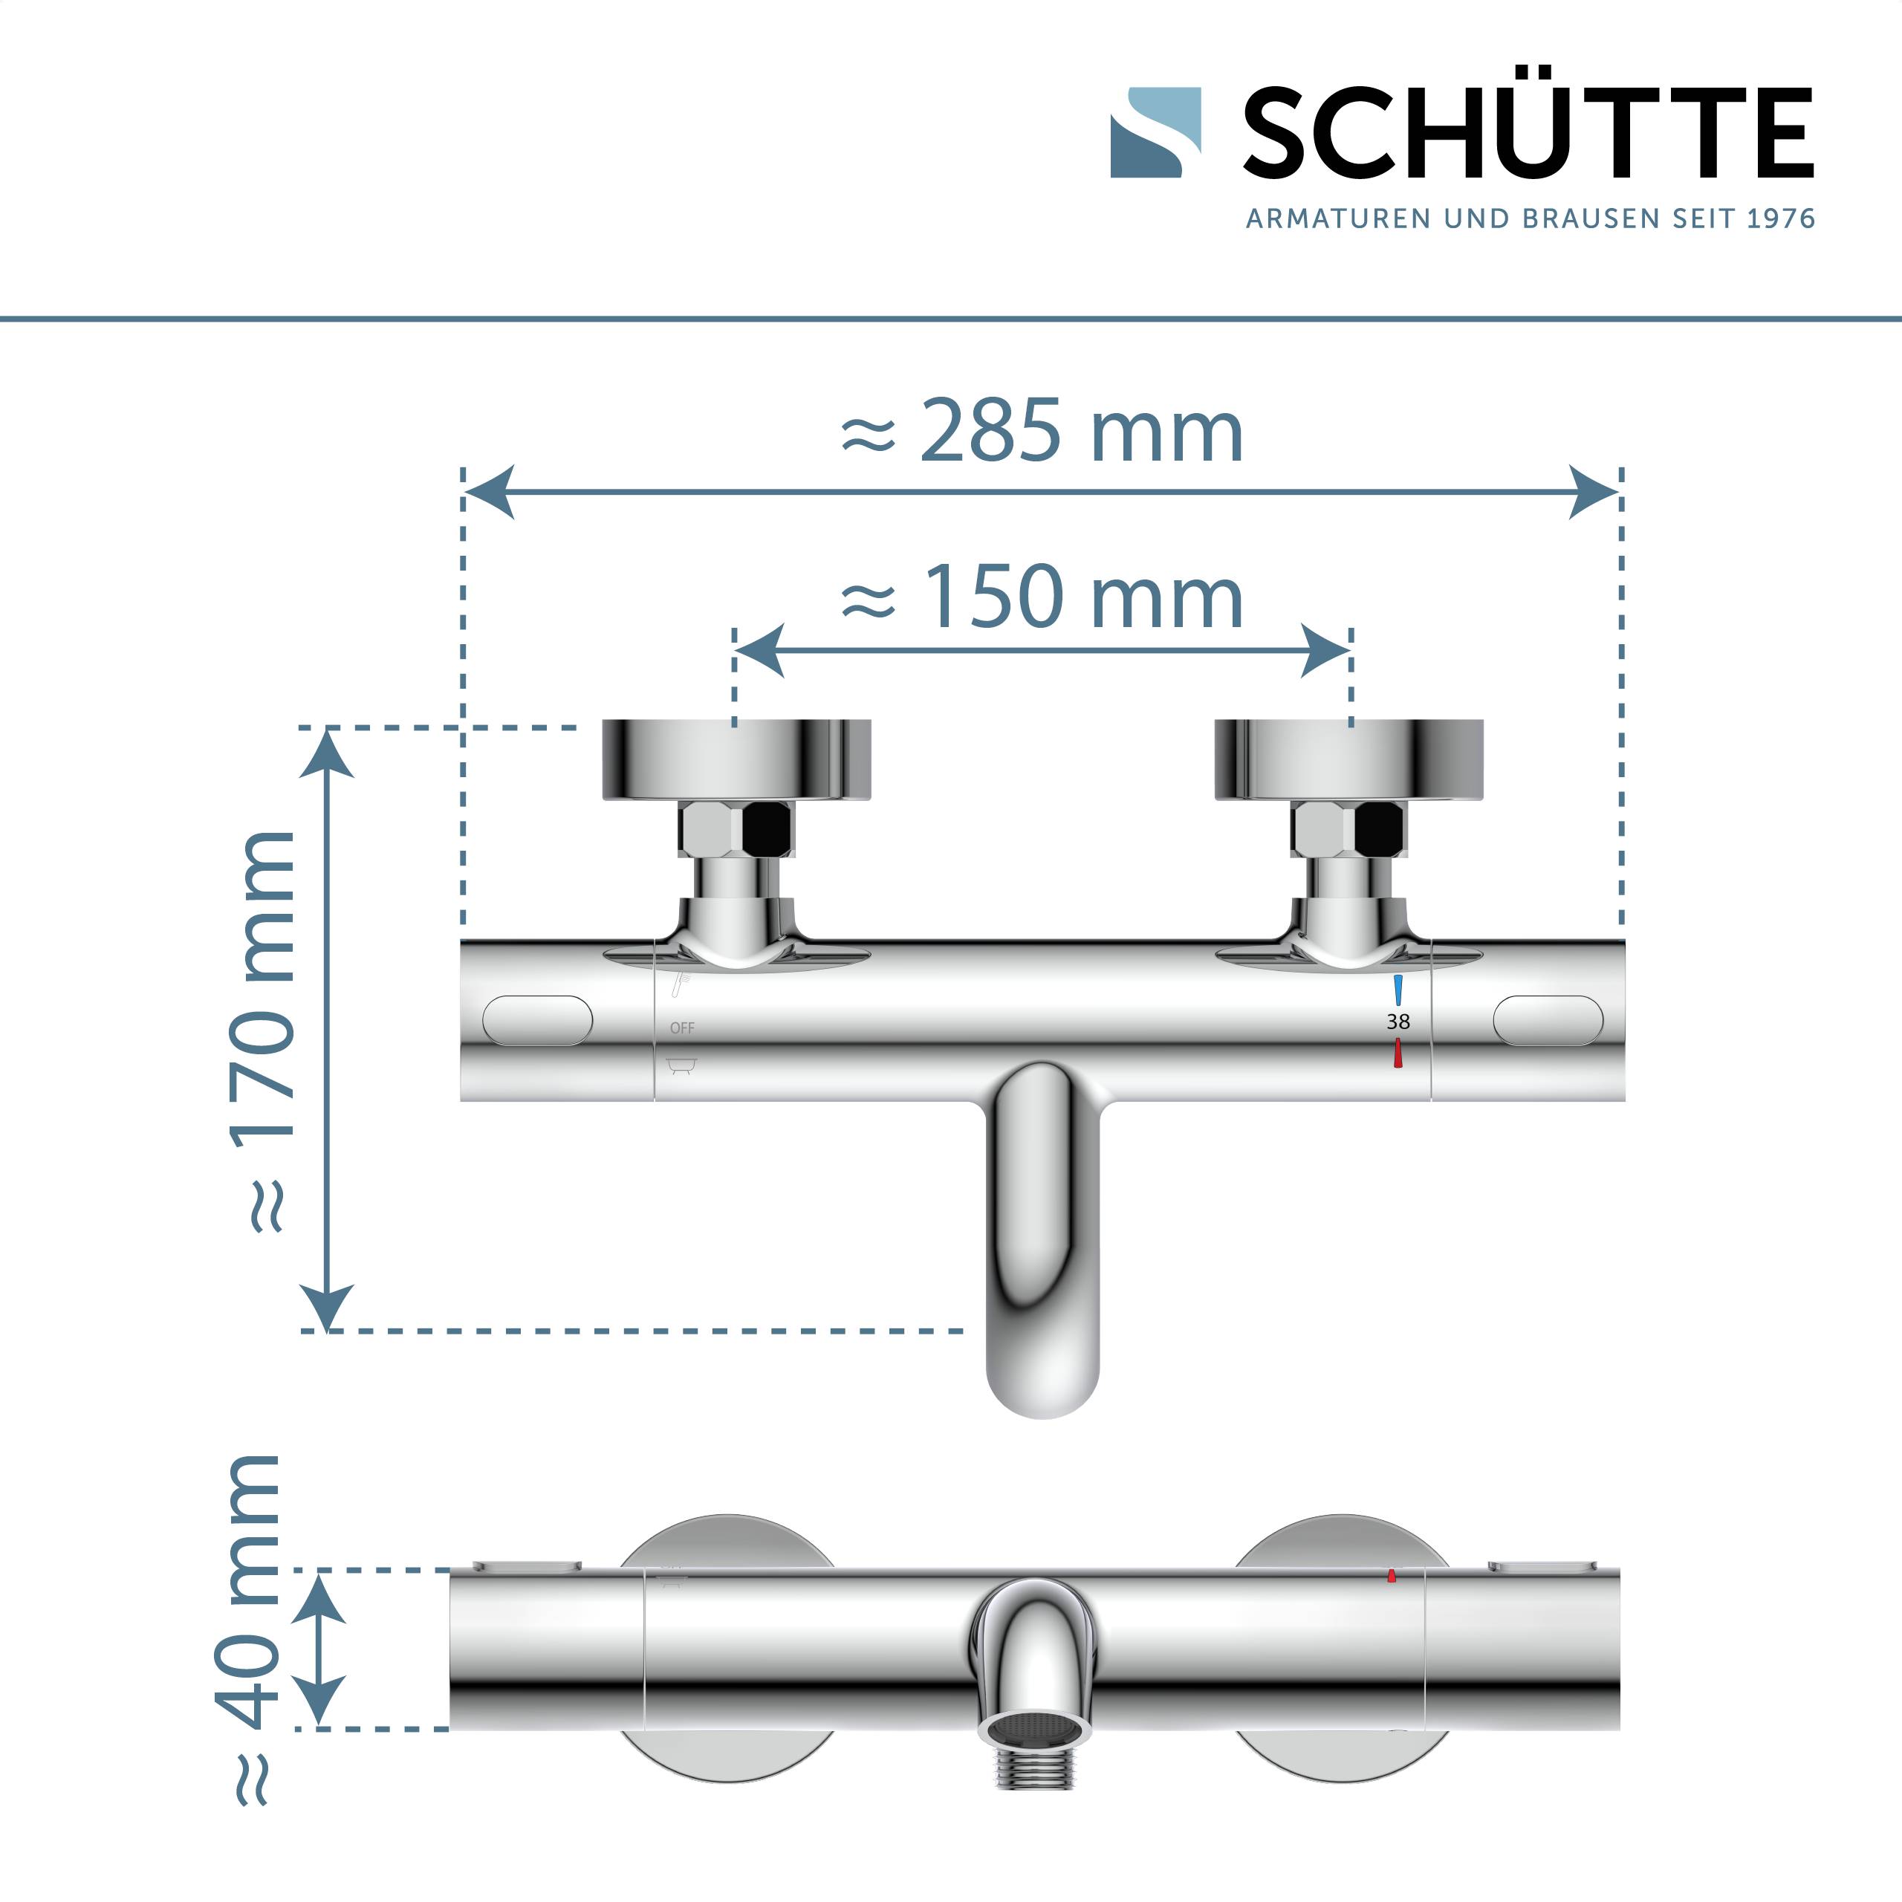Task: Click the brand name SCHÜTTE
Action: (1527, 133)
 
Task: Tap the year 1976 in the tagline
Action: (1780, 218)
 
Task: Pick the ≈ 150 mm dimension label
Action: (1042, 597)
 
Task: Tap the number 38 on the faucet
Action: (1398, 1022)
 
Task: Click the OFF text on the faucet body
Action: (682, 1028)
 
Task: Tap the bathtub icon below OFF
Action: (682, 1065)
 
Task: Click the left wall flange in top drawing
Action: (736, 759)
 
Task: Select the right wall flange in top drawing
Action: (1348, 759)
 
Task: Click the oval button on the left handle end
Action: (537, 1020)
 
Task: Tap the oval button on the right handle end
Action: (1548, 1020)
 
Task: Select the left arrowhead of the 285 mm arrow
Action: (490, 491)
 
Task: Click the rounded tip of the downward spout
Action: (1042, 1398)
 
